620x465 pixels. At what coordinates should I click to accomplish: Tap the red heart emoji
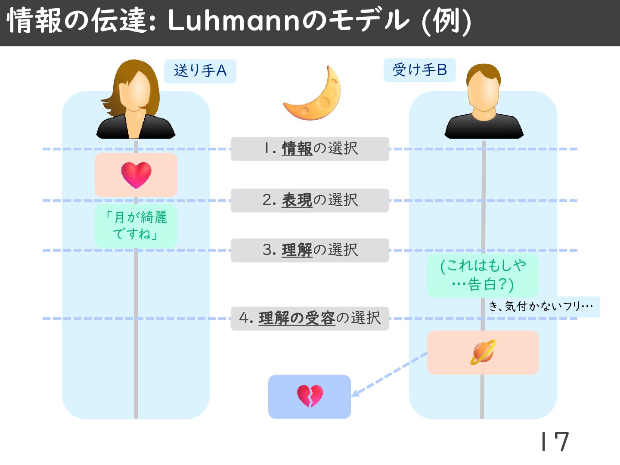click(136, 175)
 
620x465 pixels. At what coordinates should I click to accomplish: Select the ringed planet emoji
click(483, 352)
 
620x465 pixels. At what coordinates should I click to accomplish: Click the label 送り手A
click(200, 71)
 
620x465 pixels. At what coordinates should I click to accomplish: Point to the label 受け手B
click(420, 70)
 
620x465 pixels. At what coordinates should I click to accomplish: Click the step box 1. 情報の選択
click(310, 149)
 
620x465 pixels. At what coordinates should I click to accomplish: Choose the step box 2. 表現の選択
click(310, 200)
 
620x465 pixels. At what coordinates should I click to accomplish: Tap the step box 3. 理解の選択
click(310, 250)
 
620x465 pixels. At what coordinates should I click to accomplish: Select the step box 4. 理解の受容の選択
click(310, 318)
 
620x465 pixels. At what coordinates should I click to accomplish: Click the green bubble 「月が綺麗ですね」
click(136, 226)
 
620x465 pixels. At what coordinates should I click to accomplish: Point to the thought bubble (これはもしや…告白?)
click(483, 275)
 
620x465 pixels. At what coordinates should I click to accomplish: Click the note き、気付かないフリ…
click(541, 307)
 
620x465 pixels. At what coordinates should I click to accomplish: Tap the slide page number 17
click(555, 441)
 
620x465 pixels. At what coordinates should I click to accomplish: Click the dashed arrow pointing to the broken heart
click(390, 374)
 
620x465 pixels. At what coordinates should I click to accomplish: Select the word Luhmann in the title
click(233, 21)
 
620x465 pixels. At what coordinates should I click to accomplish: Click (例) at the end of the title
click(446, 22)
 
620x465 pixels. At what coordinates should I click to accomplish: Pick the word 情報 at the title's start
click(35, 21)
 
